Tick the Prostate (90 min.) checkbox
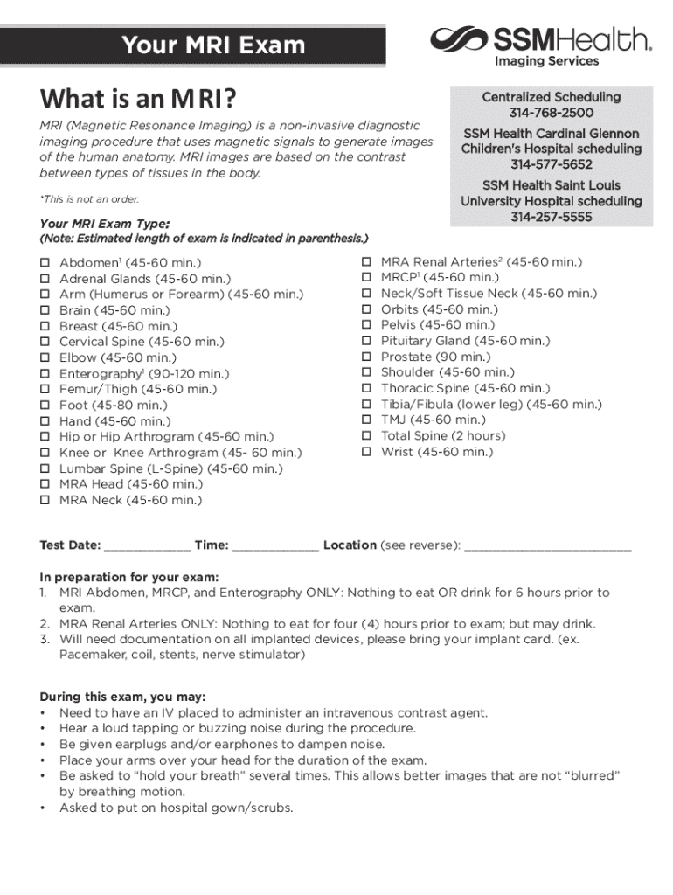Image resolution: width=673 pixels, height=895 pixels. (x=367, y=357)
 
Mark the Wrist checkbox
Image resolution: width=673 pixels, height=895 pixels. (x=367, y=452)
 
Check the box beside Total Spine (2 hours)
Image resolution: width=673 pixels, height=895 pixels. (x=367, y=436)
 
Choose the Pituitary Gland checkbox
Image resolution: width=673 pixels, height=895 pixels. (x=367, y=341)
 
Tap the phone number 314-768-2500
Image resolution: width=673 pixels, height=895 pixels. (x=551, y=114)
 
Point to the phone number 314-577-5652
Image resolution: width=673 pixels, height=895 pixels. (x=551, y=164)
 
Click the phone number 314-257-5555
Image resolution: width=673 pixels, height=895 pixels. (x=551, y=217)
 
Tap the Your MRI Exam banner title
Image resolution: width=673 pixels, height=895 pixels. (x=213, y=45)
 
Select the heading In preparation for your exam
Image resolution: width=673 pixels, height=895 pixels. (x=129, y=577)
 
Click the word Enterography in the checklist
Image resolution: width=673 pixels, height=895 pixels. (x=100, y=373)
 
